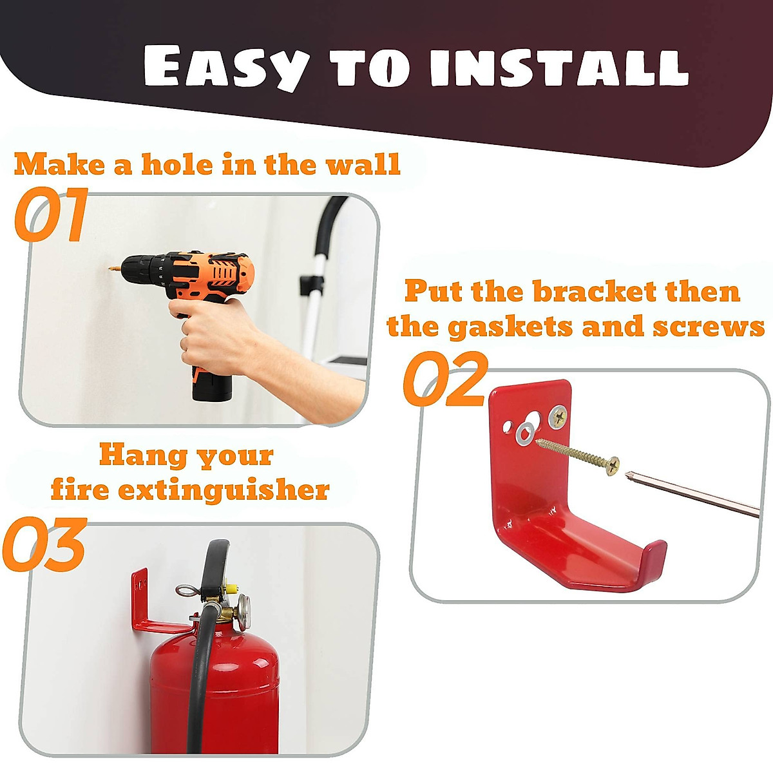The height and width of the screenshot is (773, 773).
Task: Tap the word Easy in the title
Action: tap(225, 66)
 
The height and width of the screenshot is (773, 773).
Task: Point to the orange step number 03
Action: tap(45, 545)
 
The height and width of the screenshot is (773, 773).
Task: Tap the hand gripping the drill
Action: tap(213, 335)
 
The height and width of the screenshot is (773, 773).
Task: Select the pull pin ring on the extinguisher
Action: tap(187, 591)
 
